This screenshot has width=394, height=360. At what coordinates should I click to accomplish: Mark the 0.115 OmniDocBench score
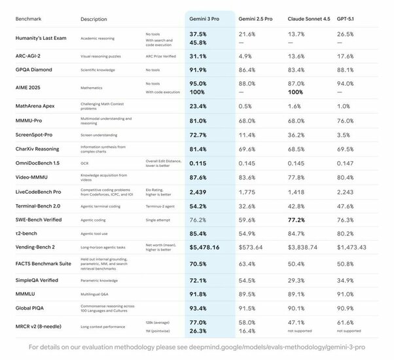click(x=198, y=162)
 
